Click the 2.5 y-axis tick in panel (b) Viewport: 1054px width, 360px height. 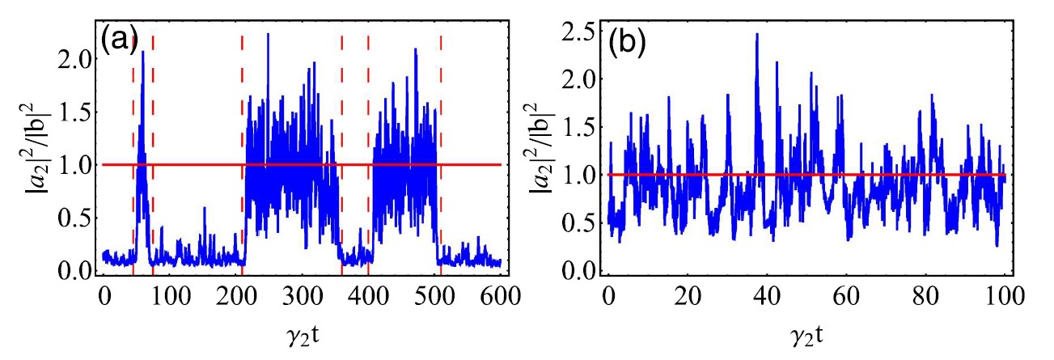(580, 32)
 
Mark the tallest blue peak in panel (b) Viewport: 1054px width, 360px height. (757, 35)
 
